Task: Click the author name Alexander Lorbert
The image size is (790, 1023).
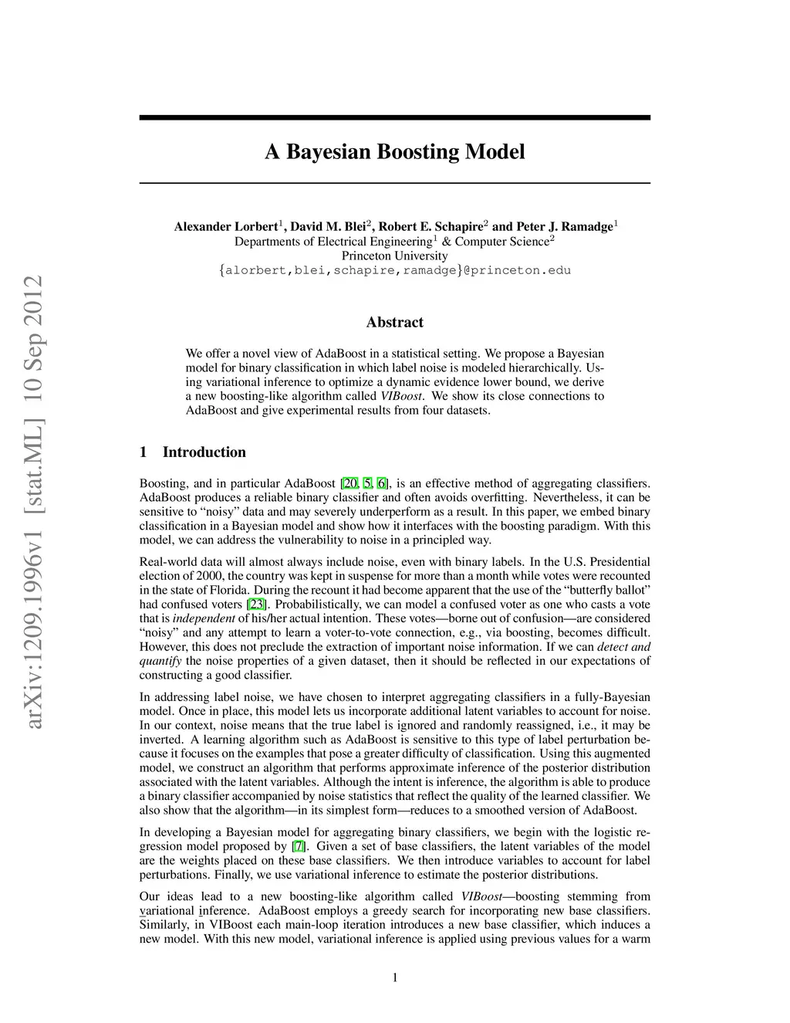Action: tap(225, 226)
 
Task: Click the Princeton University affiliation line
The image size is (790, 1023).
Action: tap(394, 256)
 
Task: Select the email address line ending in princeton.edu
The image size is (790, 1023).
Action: tap(394, 270)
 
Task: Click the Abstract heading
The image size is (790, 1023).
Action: tap(394, 322)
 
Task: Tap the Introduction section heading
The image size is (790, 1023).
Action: tap(204, 452)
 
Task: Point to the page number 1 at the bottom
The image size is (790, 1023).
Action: tap(395, 978)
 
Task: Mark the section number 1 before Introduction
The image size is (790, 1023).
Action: tap(143, 452)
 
